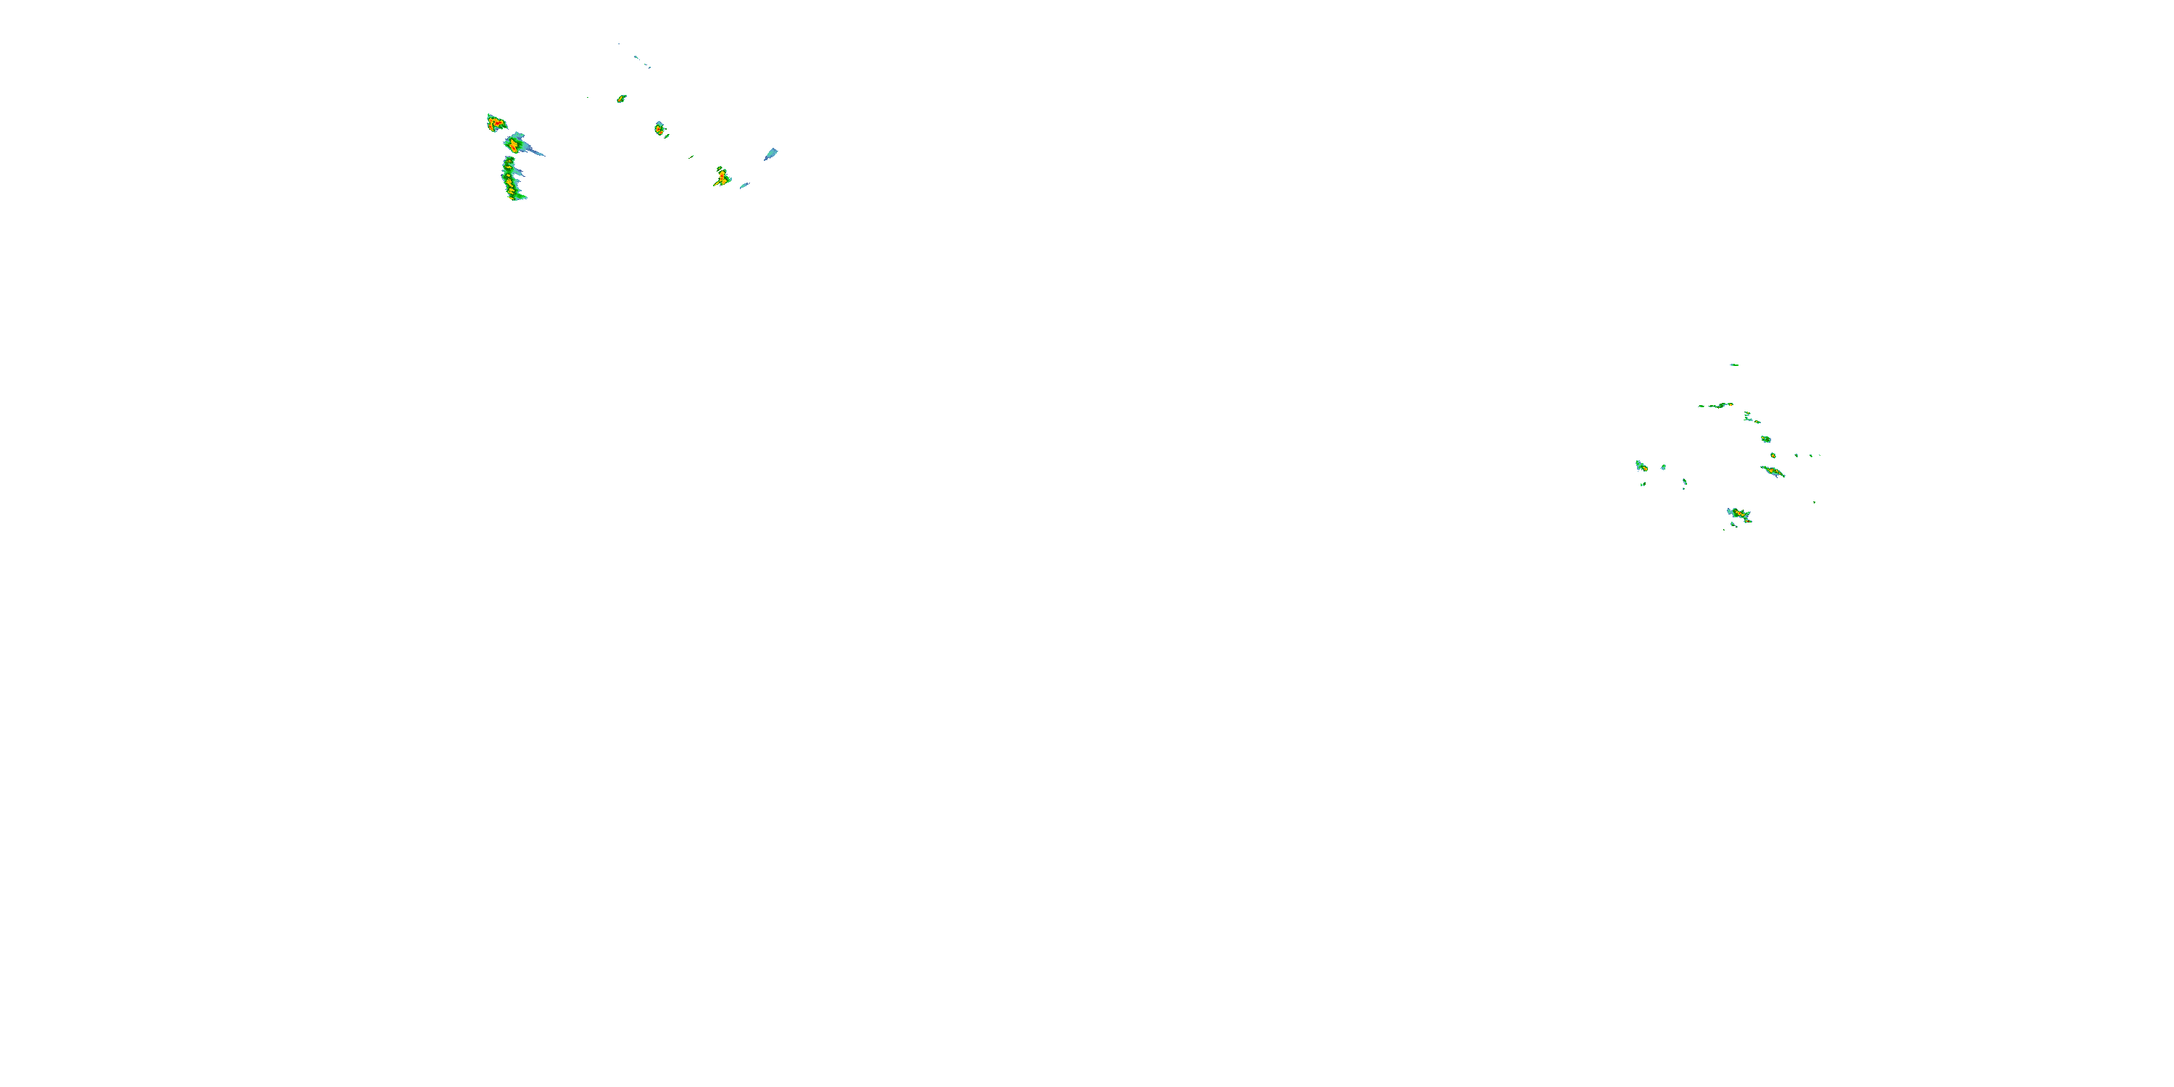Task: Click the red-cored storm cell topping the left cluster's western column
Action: pos(496,124)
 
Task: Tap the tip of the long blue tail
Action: pos(543,155)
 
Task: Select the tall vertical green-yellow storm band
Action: pos(512,180)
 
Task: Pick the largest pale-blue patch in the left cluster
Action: pos(770,154)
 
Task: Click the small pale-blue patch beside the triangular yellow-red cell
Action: pos(744,185)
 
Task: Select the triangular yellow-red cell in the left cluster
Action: pos(722,178)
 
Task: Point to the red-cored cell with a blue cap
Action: pos(660,129)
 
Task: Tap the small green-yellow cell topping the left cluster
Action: pos(621,99)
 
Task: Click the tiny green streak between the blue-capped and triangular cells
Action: pos(691,156)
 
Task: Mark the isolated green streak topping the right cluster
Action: pos(1733,365)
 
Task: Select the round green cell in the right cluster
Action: pos(1765,439)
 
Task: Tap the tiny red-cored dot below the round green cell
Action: pos(1773,456)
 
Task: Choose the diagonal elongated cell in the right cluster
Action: pos(1773,471)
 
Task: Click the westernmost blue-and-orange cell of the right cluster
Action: pos(1641,466)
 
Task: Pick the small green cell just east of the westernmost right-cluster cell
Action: pos(1663,467)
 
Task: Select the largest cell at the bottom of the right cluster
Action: pos(1738,514)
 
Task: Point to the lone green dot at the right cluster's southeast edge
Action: pos(1815,502)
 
